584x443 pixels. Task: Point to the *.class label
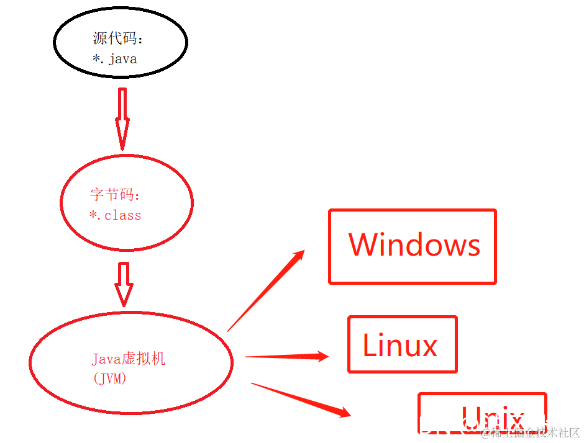click(x=116, y=216)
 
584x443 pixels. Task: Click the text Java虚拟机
click(x=129, y=359)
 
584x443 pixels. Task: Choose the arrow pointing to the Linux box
click(x=286, y=356)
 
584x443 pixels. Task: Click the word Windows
click(x=414, y=244)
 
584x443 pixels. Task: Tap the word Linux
click(x=400, y=345)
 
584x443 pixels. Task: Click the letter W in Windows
click(x=363, y=244)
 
